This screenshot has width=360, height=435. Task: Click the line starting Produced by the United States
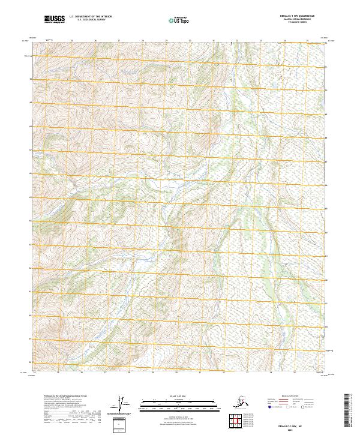61,396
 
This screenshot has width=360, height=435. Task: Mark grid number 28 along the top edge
143,41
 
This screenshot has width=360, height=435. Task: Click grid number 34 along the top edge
284,41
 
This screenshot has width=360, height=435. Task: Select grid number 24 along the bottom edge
35,372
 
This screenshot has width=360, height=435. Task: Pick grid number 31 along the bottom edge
199,372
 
